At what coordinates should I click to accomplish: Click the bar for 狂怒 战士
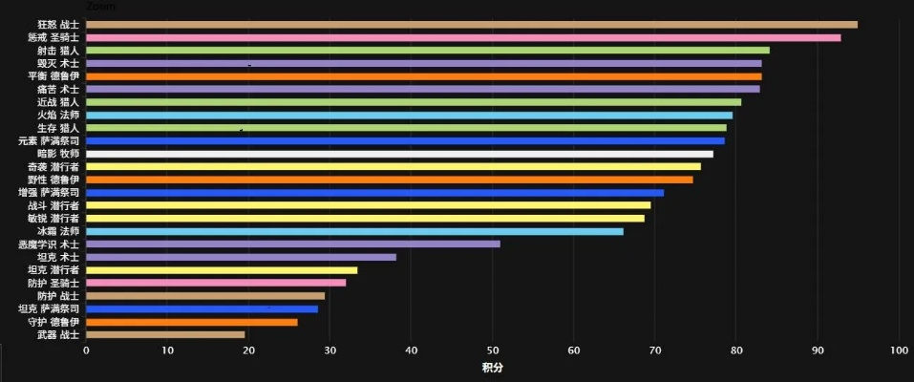pos(472,25)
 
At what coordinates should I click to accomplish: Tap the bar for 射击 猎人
pos(428,51)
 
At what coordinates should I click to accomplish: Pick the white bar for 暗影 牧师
pos(399,154)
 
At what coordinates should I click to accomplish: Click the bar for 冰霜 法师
pos(354,231)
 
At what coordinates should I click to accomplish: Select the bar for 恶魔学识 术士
pos(293,244)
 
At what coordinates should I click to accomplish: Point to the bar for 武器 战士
pos(165,334)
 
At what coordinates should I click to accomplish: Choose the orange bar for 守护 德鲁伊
pos(192,322)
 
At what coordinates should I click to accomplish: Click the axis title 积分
pos(492,368)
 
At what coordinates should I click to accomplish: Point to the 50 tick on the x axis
pos(493,350)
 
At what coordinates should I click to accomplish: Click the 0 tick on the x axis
pos(86,350)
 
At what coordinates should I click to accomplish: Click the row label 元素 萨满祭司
pos(49,141)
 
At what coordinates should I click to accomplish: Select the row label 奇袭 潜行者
pos(53,167)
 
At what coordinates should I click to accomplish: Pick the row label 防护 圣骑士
pos(53,283)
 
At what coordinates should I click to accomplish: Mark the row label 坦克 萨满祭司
pos(49,308)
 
